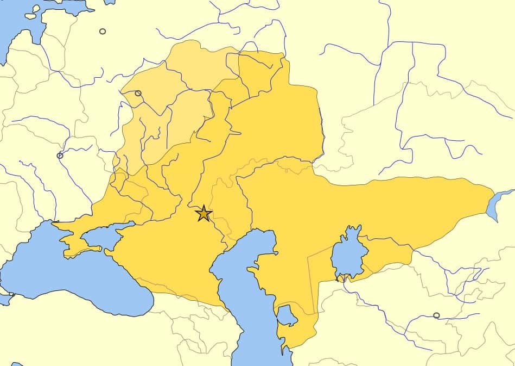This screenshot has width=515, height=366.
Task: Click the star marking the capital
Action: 204,213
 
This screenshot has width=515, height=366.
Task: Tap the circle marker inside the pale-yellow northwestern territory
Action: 138,93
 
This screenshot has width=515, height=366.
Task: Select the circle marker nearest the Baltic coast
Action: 103,31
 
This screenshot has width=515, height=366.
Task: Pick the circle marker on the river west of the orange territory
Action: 60,156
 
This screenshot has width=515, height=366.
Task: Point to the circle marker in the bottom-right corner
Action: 436,315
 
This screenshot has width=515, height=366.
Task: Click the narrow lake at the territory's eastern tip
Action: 497,204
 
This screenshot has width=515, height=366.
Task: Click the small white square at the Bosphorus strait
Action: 11,295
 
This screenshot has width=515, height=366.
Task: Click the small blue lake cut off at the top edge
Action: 109,2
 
